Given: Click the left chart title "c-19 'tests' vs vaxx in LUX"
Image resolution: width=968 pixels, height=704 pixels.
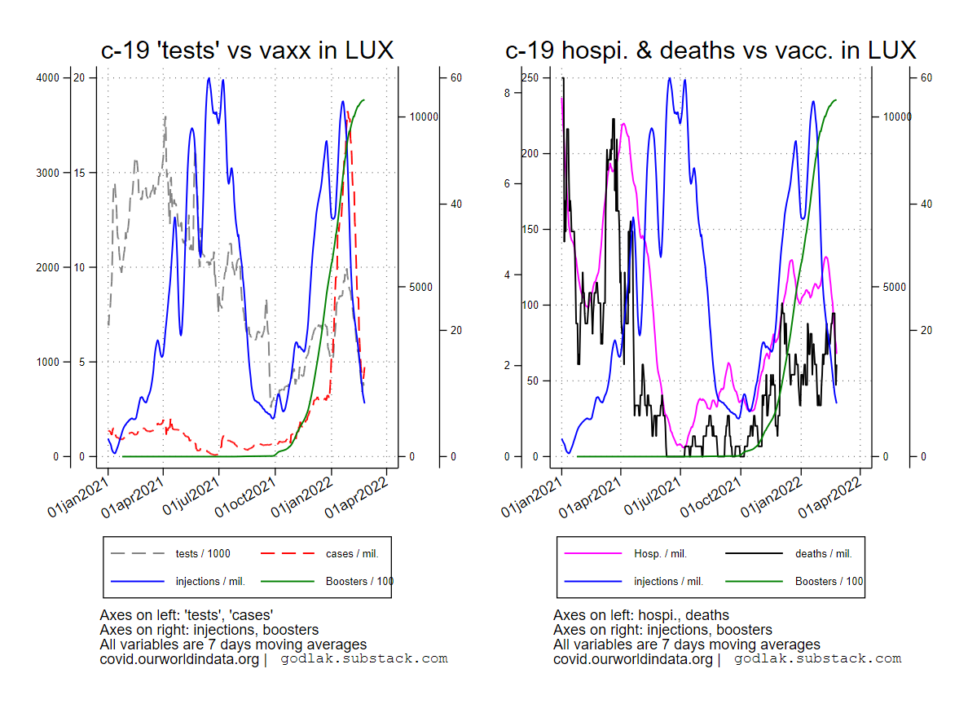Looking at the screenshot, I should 247,51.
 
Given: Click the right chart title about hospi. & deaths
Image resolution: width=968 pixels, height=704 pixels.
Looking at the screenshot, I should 711,51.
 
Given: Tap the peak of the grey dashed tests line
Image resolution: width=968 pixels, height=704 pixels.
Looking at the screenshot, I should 165,117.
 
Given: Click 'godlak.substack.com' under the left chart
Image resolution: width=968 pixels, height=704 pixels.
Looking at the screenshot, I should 364,659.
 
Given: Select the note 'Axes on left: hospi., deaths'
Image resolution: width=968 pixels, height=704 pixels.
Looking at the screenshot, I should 640,615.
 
